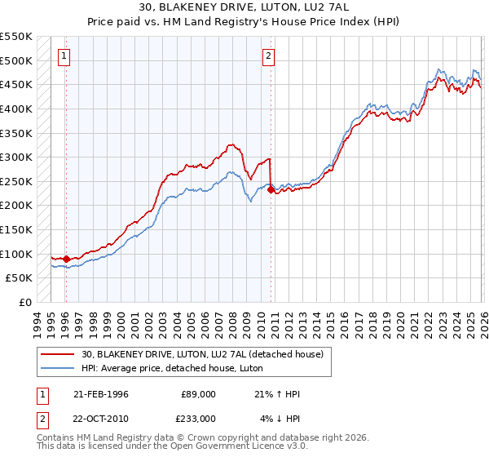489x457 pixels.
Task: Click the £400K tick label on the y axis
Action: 16,109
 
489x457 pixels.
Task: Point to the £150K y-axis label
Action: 16,229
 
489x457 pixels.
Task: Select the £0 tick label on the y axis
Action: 24,302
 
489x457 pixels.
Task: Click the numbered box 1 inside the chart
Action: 64,56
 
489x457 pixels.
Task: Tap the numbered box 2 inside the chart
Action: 269,56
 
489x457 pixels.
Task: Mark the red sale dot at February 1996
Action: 66,259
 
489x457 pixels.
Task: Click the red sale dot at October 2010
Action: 271,189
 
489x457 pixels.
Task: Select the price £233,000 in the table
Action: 198,418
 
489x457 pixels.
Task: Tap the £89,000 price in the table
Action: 198,394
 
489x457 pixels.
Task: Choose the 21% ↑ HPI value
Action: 278,394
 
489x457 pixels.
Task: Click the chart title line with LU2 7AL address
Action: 244,9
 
